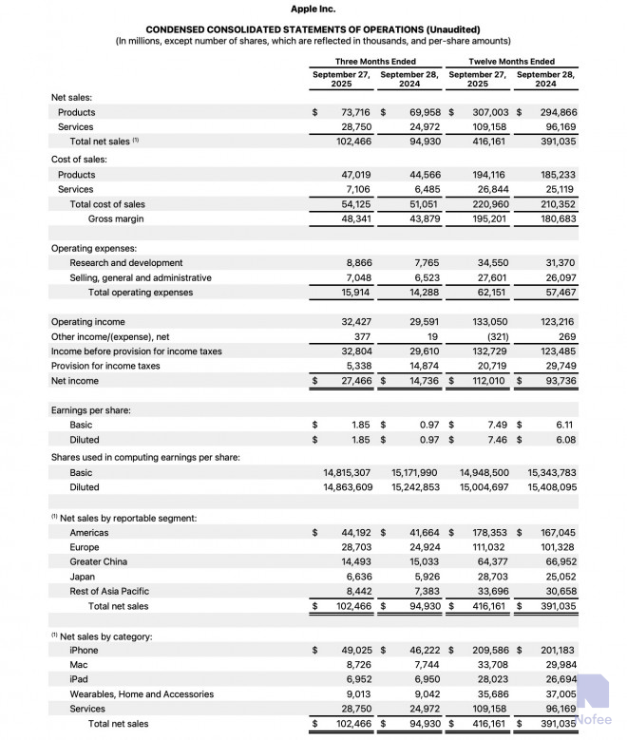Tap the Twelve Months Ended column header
(x=512, y=61)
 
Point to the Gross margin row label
(x=116, y=218)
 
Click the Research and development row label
(x=126, y=262)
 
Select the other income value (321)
(x=492, y=336)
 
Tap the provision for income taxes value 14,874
(x=424, y=366)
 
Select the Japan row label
(x=83, y=577)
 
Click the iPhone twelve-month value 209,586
(x=489, y=650)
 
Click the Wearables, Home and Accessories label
(x=142, y=694)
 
